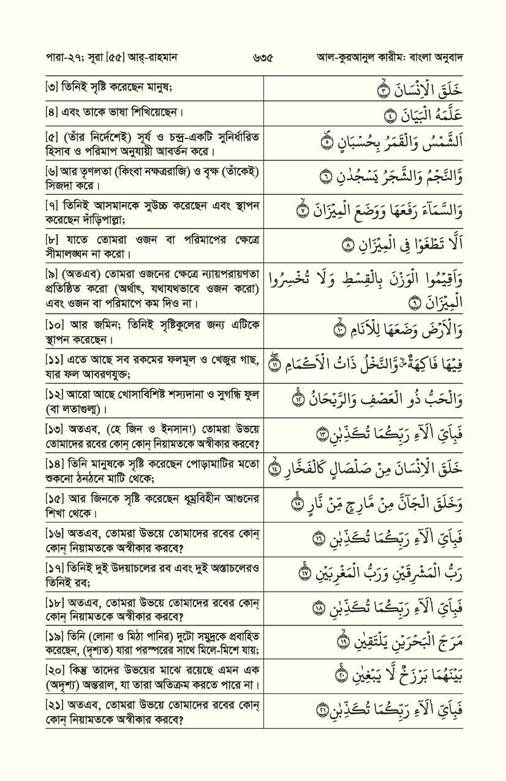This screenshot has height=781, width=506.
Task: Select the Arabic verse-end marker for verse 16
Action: pyautogui.click(x=317, y=538)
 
